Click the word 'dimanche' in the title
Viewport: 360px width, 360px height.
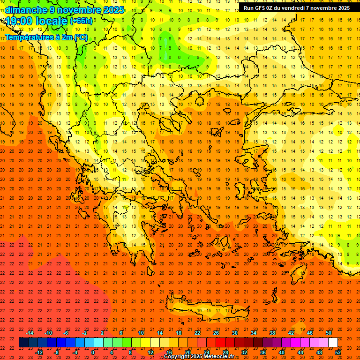tap(26, 10)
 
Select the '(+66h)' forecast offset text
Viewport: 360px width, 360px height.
tap(81, 21)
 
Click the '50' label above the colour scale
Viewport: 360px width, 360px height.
tap(329, 333)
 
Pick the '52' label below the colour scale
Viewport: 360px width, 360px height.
tap(338, 352)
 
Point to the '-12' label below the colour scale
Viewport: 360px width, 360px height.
tap(39, 352)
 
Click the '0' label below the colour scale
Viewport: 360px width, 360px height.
tap(93, 352)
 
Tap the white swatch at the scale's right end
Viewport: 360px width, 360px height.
tap(333, 343)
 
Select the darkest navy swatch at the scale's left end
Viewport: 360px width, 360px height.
tap(23, 343)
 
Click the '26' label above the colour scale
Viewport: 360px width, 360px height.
tap(216, 333)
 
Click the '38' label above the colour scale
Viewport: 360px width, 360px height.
tap(272, 333)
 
